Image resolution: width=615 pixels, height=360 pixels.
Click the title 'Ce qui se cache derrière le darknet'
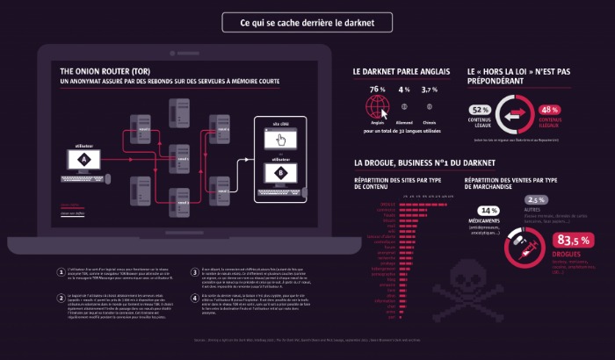pyautogui.click(x=306, y=23)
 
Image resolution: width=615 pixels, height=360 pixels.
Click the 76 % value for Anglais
pyautogui.click(x=378, y=90)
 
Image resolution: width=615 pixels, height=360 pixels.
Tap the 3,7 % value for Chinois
pyautogui.click(x=430, y=90)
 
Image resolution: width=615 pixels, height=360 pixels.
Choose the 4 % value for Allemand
pyautogui.click(x=404, y=90)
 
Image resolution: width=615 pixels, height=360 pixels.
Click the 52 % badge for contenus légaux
pyautogui.click(x=481, y=109)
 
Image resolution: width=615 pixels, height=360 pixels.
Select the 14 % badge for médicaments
pyautogui.click(x=488, y=211)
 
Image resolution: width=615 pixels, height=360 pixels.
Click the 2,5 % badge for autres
pyautogui.click(x=535, y=199)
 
